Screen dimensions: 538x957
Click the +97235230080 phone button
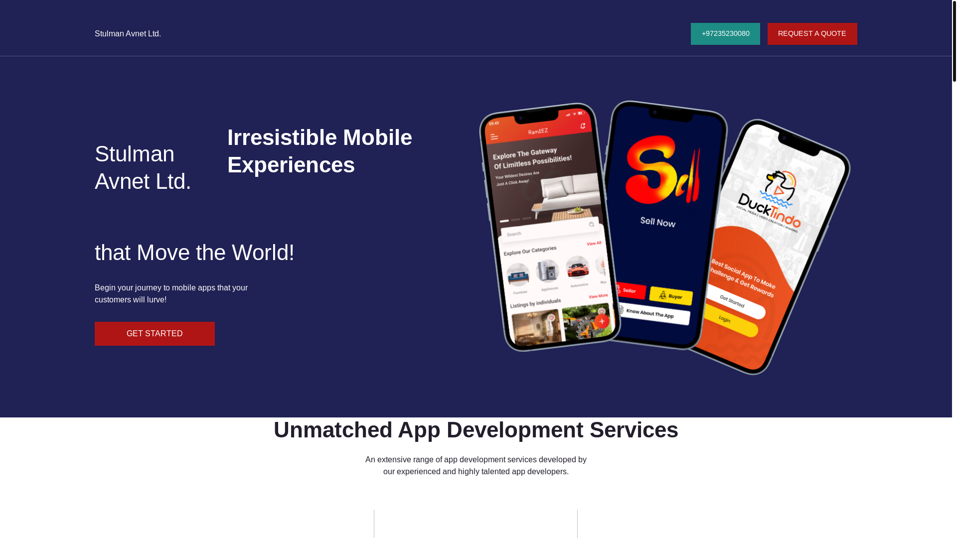tap(725, 34)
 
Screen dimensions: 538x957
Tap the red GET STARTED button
tap(155, 334)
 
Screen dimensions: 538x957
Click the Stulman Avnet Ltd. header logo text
tap(128, 34)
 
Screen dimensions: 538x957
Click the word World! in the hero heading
tap(263, 253)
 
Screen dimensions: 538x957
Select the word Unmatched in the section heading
tap(332, 430)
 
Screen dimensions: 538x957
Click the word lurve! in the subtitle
tap(157, 300)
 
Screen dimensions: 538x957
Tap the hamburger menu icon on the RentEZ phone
tap(494, 137)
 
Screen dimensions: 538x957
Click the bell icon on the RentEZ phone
tap(583, 126)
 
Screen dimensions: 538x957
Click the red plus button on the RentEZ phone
tap(602, 321)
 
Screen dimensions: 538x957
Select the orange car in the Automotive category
tap(578, 268)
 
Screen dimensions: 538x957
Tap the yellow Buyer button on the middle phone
tap(671, 296)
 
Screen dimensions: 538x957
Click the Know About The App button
tap(653, 314)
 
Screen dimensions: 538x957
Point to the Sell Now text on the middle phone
tap(658, 222)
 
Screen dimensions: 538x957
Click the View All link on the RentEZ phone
tap(594, 244)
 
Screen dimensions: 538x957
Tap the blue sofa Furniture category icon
tap(518, 274)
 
